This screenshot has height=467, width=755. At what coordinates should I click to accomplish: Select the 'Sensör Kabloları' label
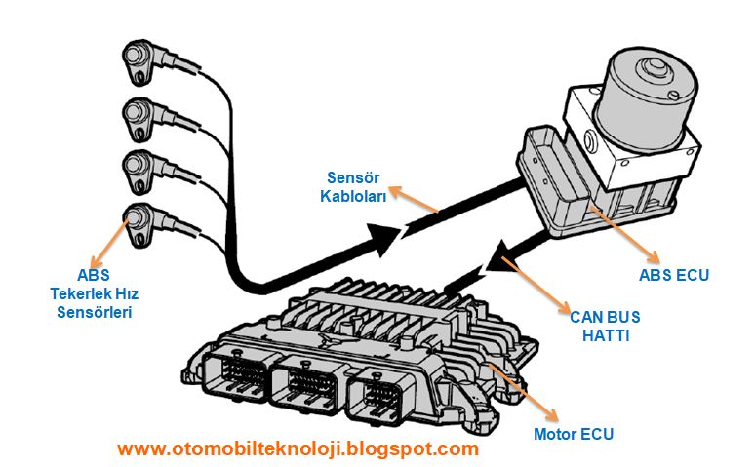pos(356,187)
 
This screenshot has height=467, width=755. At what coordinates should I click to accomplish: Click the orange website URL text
pos(298,449)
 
